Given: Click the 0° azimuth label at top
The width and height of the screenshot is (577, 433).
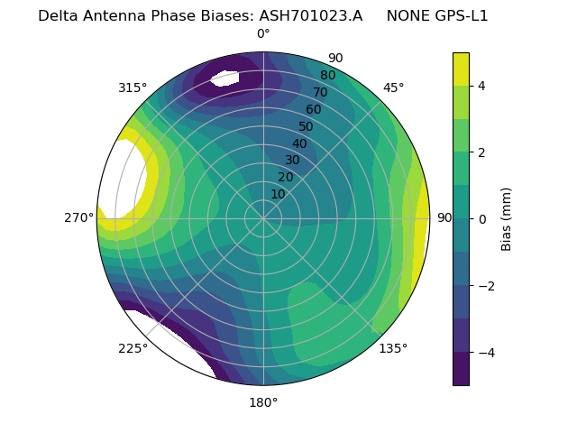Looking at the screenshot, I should (x=263, y=34).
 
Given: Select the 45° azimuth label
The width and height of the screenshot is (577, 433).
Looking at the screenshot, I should (x=393, y=88).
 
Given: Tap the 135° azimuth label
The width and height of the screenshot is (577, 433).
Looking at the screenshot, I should (x=393, y=348).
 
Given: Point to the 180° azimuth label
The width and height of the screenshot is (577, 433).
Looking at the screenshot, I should (x=263, y=402).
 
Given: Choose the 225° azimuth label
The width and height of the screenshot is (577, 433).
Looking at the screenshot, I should (x=133, y=348).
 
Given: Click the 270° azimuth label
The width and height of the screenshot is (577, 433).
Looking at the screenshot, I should (x=79, y=218).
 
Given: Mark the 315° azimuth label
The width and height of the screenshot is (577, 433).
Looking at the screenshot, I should (x=133, y=88).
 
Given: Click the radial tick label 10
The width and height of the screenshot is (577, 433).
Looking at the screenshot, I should (x=278, y=194).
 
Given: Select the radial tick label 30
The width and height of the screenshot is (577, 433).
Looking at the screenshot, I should (x=292, y=161).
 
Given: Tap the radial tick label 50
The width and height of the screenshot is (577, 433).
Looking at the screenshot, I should (x=306, y=127).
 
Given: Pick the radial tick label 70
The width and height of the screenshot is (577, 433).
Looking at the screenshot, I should (x=320, y=93).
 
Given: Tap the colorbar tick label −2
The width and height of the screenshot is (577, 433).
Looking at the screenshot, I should (x=486, y=286).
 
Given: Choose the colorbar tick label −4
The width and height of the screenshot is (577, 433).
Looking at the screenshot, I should (x=486, y=353).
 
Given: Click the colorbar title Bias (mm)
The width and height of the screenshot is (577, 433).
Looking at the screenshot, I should (x=507, y=219).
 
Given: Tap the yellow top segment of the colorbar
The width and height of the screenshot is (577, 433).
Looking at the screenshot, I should (x=461, y=69).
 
